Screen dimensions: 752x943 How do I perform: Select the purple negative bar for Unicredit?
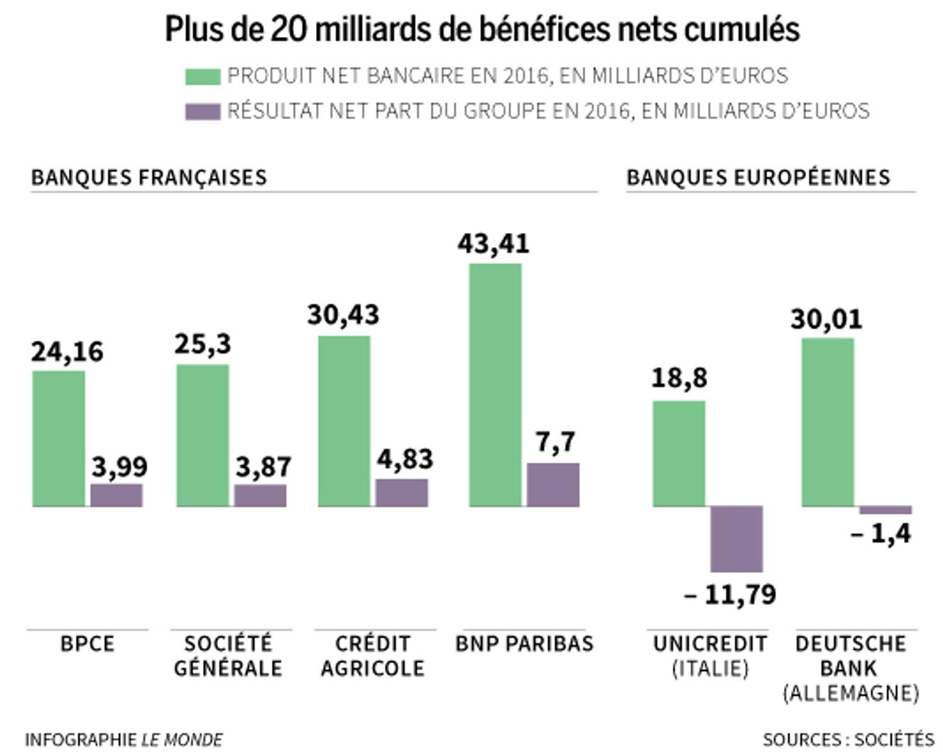coord(736,538)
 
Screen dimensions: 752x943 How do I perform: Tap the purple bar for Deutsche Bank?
coord(885,510)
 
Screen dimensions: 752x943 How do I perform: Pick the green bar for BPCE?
coord(59,438)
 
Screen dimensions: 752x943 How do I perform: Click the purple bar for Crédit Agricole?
coord(402,493)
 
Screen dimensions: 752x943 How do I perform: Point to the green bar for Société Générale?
coord(202,435)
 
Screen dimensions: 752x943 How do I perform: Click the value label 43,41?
coord(494,244)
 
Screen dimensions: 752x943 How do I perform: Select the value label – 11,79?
coord(730,594)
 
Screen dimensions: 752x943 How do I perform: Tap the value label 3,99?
coord(119,467)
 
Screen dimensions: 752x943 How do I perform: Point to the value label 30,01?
coord(827,320)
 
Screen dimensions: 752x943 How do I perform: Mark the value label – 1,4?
coord(881,533)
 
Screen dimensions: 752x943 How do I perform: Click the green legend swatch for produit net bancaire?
coord(202,76)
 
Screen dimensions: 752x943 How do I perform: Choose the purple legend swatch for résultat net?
coord(202,111)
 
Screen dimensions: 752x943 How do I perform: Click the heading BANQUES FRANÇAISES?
coord(149,177)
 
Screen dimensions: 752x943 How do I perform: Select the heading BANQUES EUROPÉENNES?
coord(758,177)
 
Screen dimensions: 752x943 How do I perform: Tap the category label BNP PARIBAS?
coord(524,643)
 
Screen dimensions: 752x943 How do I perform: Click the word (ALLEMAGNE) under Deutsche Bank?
coord(851,692)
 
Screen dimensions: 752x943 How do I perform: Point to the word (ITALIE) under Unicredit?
coord(710,668)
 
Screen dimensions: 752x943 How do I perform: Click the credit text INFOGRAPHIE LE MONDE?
coord(124,740)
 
